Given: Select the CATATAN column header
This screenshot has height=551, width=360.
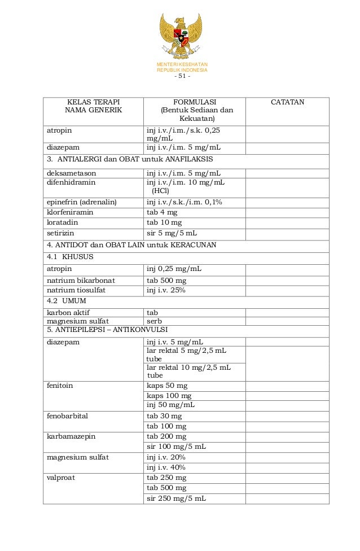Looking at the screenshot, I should (x=287, y=102).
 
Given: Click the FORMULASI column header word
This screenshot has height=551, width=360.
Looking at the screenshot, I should (x=195, y=102).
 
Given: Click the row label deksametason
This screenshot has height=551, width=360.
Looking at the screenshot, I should (x=72, y=173).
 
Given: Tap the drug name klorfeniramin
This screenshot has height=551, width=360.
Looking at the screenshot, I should (x=70, y=213).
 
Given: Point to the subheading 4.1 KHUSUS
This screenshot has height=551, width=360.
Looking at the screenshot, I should (x=70, y=256).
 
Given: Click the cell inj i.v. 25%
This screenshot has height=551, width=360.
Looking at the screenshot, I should (x=166, y=290).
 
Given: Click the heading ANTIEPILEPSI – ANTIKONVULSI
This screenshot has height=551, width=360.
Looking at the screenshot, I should (x=107, y=329).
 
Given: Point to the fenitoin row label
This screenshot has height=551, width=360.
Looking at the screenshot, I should (x=60, y=386).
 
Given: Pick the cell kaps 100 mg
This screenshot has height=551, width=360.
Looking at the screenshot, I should (x=169, y=396).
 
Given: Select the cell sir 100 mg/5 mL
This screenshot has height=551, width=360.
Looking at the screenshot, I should (x=176, y=447).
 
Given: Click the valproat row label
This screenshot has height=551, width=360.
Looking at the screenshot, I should (x=60, y=478).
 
